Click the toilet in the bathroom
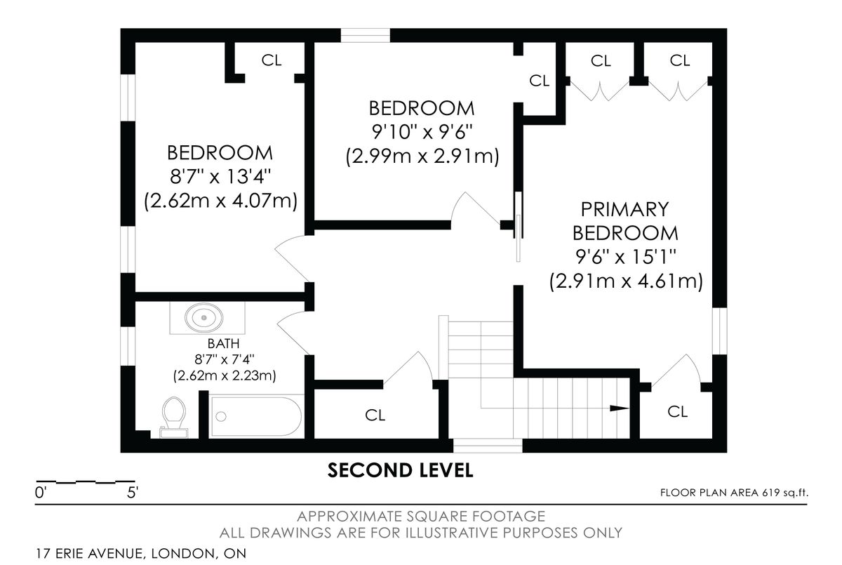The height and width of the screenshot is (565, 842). point(174,417)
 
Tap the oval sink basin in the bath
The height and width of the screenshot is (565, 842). point(203,318)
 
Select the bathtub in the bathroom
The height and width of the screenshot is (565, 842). point(256,416)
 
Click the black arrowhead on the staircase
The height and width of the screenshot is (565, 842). point(619,408)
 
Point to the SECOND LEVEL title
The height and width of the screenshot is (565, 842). point(401,470)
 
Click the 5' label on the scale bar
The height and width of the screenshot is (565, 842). point(133,493)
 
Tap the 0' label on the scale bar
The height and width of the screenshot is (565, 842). point(40,493)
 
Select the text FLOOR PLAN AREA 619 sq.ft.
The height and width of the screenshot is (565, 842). point(734,493)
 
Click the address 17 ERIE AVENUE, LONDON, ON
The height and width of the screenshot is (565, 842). point(141,553)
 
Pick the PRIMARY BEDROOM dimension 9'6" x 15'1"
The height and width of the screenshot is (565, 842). point(626,257)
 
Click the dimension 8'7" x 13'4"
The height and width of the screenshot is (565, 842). point(220,176)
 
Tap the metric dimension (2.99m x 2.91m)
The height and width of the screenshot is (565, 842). point(422,156)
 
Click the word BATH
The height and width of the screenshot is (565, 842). point(223,344)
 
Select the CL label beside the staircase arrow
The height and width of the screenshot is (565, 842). point(677,411)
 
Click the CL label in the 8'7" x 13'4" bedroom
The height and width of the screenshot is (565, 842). point(272,60)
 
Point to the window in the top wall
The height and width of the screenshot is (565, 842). point(365,35)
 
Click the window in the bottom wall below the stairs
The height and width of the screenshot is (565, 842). point(488,446)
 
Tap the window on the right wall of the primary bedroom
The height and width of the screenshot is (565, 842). point(719,331)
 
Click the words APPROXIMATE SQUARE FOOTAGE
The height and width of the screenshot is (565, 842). point(421,517)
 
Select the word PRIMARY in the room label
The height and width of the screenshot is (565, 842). point(624,209)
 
